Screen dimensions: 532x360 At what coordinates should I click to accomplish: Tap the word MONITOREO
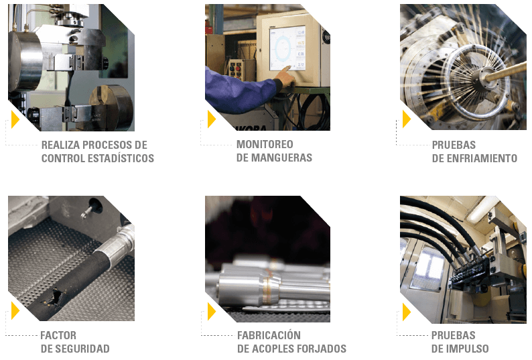pyautogui.click(x=265, y=144)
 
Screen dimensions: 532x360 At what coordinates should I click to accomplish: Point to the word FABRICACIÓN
pyautogui.click(x=269, y=335)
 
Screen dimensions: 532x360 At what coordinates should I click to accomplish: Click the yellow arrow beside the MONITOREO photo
pyautogui.click(x=211, y=119)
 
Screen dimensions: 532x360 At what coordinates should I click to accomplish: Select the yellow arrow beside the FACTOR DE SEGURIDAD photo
pyautogui.click(x=15, y=310)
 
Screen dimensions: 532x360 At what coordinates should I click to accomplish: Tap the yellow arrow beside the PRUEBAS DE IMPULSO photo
pyautogui.click(x=407, y=312)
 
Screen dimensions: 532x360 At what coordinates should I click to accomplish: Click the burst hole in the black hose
pyautogui.click(x=54, y=297)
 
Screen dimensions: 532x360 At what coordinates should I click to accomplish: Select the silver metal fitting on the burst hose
pyautogui.click(x=115, y=243)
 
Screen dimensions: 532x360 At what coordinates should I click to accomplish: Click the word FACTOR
pyautogui.click(x=58, y=336)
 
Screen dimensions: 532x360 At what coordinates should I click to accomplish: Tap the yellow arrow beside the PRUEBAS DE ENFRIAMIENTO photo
pyautogui.click(x=407, y=119)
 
